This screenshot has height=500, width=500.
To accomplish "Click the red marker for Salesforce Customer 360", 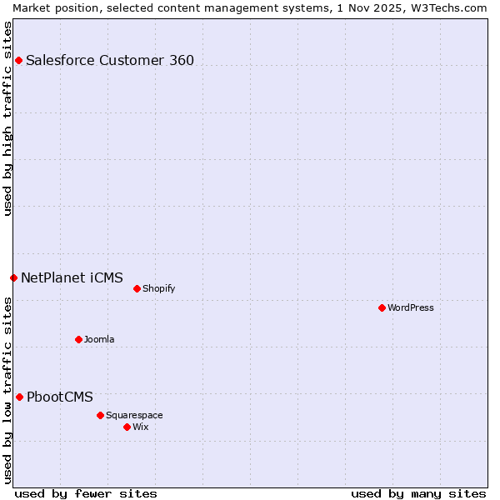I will (18, 60).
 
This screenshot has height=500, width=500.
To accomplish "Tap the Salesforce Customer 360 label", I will (110, 60).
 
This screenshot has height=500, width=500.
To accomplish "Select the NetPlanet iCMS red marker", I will (13, 277).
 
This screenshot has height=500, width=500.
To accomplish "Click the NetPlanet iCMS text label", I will (72, 277).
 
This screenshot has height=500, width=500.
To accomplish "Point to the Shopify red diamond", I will (137, 288).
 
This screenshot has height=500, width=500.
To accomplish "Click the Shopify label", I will (158, 288).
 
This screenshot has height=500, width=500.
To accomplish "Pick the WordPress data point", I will (382, 307).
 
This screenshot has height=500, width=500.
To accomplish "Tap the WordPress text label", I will (411, 307).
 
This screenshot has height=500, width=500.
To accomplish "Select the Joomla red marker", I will (78, 339).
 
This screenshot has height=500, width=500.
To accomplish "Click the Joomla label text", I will (99, 339).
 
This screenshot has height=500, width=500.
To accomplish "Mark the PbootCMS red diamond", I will (19, 397).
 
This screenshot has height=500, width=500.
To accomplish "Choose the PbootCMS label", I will (60, 397).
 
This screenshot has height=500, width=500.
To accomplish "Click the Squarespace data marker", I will (100, 415).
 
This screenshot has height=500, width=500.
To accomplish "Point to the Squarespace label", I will (134, 415).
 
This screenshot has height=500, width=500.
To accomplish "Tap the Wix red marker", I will (127, 427).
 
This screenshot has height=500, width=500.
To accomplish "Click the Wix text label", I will (141, 427).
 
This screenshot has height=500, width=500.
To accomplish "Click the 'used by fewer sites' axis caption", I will (86, 493).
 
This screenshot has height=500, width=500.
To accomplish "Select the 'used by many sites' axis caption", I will (418, 493).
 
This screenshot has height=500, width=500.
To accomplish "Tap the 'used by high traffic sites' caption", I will (7, 118).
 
